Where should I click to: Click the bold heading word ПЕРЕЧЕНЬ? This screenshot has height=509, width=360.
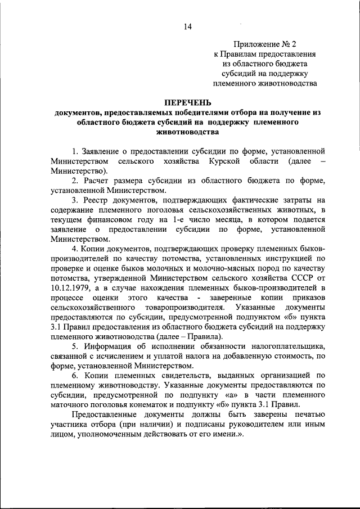coord(188,102)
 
